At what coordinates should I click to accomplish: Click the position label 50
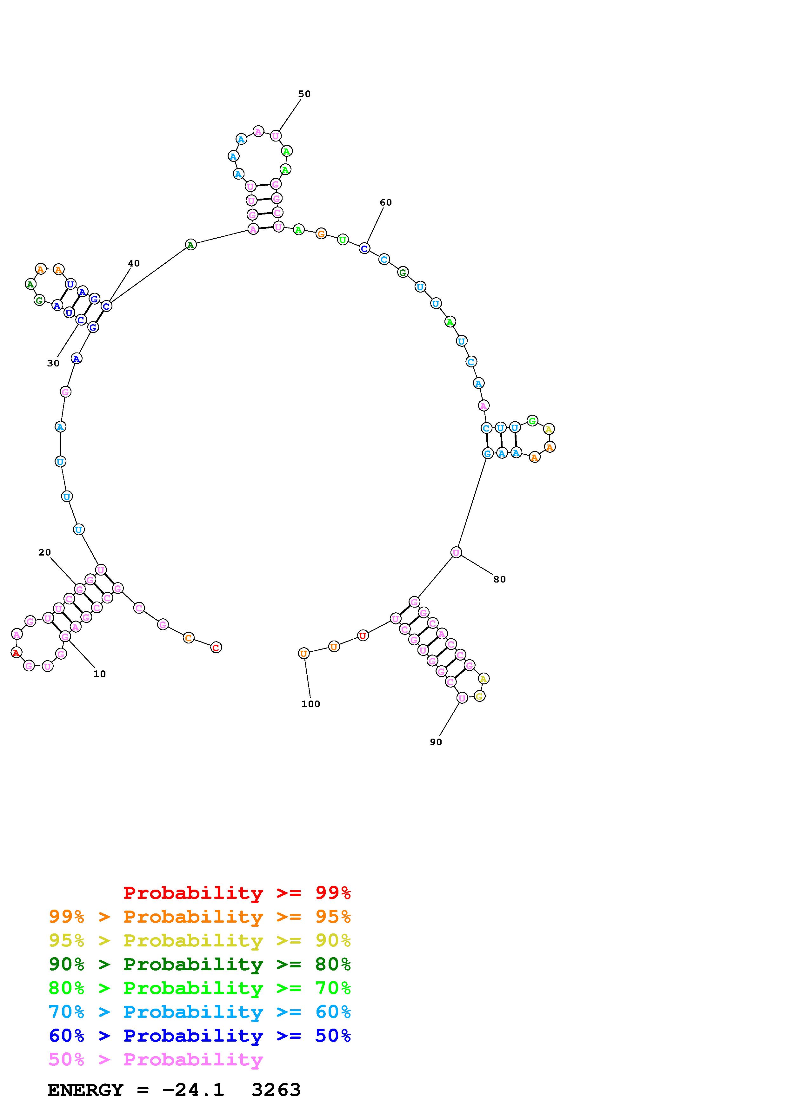(304, 94)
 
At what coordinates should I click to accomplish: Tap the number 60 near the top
(385, 203)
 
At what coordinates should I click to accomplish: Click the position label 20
(45, 552)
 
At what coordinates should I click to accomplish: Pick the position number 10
(99, 674)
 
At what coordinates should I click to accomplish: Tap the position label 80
(499, 579)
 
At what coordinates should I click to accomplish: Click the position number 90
(436, 742)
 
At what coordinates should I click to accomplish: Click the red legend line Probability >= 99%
(237, 893)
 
